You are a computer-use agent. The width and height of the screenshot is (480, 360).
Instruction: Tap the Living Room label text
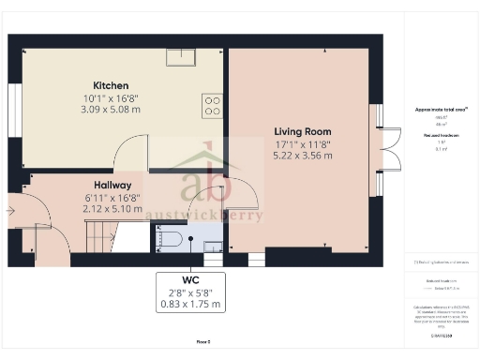[302, 130]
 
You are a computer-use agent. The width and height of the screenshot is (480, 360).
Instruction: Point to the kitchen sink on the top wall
[181, 56]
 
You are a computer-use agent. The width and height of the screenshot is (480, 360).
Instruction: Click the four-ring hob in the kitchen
[212, 105]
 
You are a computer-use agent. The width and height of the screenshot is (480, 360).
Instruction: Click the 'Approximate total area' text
[441, 110]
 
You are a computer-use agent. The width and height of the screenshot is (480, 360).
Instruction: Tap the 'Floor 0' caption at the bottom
[202, 342]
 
